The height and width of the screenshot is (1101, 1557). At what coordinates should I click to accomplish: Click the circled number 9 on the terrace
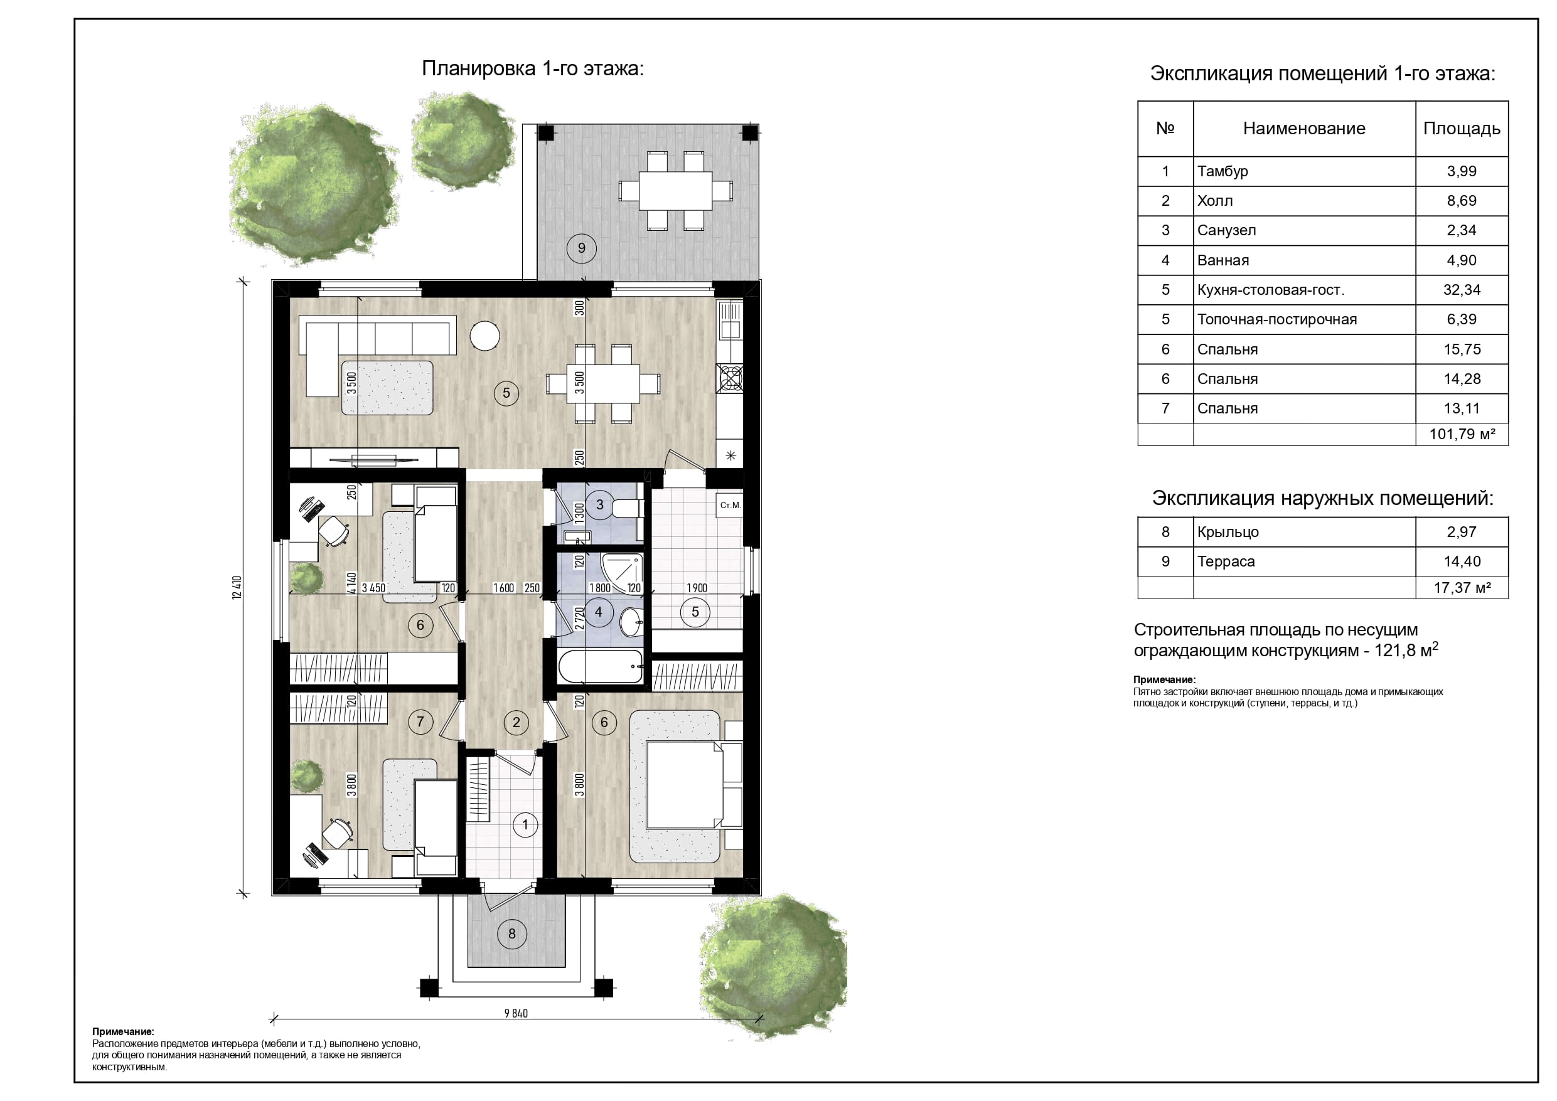click(x=581, y=248)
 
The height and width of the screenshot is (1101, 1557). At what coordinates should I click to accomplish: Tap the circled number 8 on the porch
click(x=512, y=933)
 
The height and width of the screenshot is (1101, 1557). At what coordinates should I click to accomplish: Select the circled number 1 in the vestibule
click(x=525, y=825)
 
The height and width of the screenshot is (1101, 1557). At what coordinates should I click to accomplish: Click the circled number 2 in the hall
click(x=516, y=722)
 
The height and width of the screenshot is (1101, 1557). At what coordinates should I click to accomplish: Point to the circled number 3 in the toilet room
click(x=599, y=504)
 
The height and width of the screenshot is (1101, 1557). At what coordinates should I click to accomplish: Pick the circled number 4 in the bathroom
click(x=598, y=612)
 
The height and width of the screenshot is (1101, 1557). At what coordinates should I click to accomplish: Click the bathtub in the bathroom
click(x=600, y=666)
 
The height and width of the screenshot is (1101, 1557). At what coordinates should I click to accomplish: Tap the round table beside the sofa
click(x=485, y=335)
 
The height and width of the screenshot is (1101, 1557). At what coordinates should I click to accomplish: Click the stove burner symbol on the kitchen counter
click(x=730, y=379)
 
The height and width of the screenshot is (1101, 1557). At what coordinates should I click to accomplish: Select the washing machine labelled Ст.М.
click(x=730, y=506)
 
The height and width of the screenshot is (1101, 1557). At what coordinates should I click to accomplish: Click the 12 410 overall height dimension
click(x=237, y=587)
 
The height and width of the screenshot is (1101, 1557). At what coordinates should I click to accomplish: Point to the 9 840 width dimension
click(x=516, y=1014)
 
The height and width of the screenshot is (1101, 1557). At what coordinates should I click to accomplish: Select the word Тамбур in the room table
click(x=1223, y=171)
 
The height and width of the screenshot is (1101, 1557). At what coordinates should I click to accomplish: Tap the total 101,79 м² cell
click(x=1462, y=435)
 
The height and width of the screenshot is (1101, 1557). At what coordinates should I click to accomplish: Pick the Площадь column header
click(x=1462, y=129)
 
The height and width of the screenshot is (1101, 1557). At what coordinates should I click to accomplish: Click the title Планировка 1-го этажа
click(x=532, y=68)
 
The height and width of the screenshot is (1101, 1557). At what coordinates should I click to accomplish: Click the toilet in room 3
click(x=626, y=507)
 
